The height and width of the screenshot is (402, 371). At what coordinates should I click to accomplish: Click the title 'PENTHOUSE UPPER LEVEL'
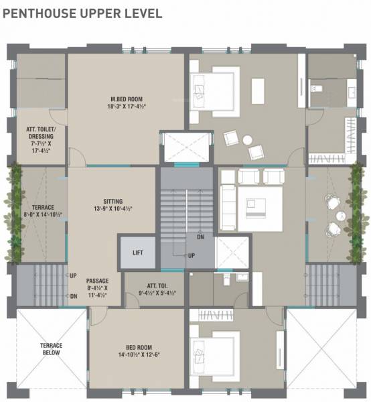82,13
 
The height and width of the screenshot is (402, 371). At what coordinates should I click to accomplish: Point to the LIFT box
138,253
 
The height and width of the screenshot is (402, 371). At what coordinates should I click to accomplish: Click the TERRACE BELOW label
51,349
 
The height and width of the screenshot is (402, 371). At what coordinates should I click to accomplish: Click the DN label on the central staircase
200,237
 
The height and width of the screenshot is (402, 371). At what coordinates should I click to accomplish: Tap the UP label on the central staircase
191,256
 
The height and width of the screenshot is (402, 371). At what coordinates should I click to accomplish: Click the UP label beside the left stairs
73,275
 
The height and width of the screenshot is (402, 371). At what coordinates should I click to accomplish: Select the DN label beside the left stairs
73,296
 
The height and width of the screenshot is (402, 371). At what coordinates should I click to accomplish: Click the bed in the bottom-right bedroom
209,352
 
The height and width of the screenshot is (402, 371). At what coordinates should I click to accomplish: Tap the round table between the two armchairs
247,139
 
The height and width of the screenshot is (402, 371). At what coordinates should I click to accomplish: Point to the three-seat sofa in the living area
228,203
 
